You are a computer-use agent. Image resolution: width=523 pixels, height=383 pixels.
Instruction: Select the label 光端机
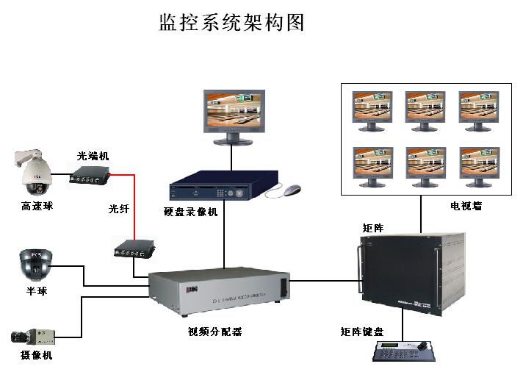pos(93,157)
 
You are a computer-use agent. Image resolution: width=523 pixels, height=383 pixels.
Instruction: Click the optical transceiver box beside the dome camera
pos(90,175)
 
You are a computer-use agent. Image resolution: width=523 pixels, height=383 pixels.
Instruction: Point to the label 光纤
pos(119,210)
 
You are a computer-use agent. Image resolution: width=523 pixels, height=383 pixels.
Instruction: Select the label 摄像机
pos(36,356)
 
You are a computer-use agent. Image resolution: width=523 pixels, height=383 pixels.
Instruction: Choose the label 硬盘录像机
pos(191,212)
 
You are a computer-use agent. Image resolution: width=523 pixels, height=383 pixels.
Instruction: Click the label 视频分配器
pos(215,332)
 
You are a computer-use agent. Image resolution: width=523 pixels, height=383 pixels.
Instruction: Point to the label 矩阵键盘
pos(362,332)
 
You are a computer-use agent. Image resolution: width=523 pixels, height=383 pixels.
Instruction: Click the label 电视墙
pos(466,207)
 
